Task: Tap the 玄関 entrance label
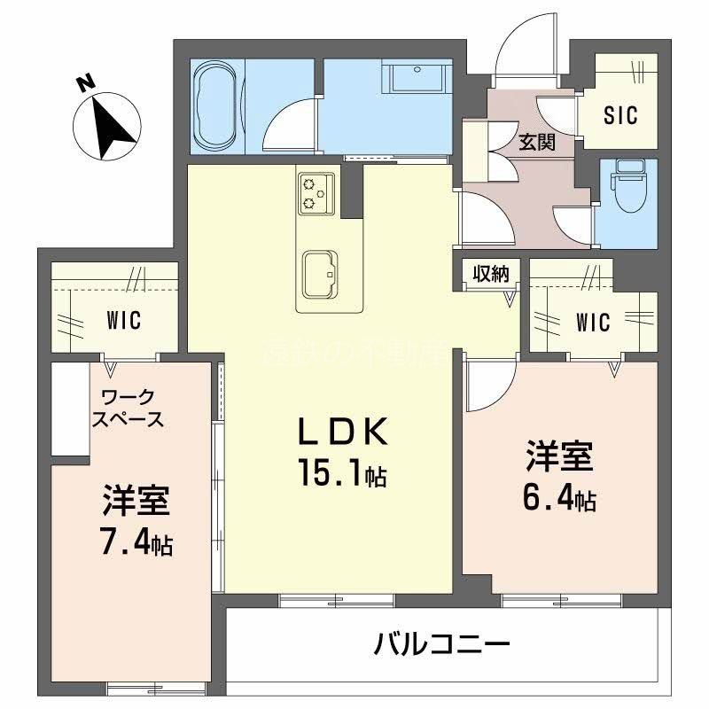point(537,142)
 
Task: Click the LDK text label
point(341,432)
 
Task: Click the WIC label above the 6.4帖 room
point(591,322)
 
